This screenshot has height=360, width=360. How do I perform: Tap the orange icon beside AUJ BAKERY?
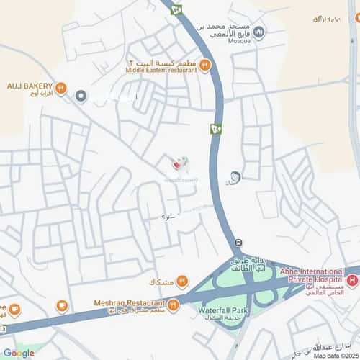coord(61,89)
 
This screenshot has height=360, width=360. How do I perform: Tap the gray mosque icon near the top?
coord(259,32)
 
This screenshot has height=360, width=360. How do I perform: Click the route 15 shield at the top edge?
coord(175,10)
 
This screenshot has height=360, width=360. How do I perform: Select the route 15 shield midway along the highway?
coord(215,130)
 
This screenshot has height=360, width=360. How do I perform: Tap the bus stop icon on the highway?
coord(238,242)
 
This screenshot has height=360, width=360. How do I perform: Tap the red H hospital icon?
coord(351,279)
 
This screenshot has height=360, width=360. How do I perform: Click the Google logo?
coord(18,353)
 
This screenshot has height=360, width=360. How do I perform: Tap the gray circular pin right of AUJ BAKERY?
coord(81,96)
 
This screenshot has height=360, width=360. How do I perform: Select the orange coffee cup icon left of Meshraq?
coord(63,308)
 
